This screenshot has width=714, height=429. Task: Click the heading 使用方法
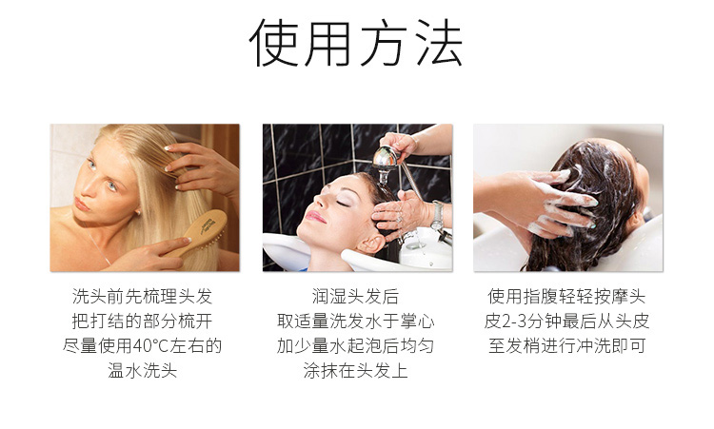coord(356,43)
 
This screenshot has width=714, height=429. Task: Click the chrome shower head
coord(386,160)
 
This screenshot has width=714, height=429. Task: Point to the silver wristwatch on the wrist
coord(438,215)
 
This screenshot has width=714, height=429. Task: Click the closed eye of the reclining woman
coord(343,204)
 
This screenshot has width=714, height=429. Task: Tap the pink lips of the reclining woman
coord(315,217)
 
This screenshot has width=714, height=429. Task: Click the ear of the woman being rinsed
coord(369,244)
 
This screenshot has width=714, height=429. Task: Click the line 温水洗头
coord(143,370)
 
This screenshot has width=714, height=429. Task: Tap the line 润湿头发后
coord(356,297)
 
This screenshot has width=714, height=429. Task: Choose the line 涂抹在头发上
coord(356,370)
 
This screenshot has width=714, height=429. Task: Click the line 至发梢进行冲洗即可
coord(567,345)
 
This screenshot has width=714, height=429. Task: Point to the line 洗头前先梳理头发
coord(143,297)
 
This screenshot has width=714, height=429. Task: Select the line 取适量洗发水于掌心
coord(356,322)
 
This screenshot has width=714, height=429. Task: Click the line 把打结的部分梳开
coord(143,322)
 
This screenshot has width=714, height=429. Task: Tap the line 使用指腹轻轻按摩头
coord(567,297)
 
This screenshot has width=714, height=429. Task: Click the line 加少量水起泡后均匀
coord(356,345)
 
